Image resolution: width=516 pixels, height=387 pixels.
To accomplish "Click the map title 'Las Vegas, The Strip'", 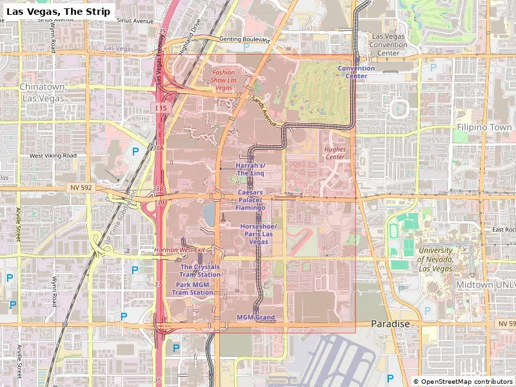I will pyautogui.click(x=59, y=11).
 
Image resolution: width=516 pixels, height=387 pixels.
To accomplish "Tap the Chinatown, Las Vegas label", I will pyautogui.click(x=43, y=92).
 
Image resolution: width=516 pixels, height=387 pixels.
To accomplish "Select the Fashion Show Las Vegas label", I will pyautogui.click(x=224, y=80).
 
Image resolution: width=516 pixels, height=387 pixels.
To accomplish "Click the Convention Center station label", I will pyautogui.click(x=356, y=72).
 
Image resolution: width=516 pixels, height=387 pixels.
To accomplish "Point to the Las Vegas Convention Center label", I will pyautogui.click(x=388, y=45).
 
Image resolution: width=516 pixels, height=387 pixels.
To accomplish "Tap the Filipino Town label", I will pyautogui.click(x=484, y=128).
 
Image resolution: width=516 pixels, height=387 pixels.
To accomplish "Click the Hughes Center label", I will pyautogui.click(x=335, y=153).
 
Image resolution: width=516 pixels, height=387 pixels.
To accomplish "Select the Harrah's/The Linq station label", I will pyautogui.click(x=250, y=169).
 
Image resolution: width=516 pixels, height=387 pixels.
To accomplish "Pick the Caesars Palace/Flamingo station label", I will pyautogui.click(x=250, y=200).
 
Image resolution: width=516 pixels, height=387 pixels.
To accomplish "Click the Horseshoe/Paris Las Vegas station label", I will pyautogui.click(x=258, y=234).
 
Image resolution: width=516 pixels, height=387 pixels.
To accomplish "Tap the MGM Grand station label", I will pyautogui.click(x=255, y=317).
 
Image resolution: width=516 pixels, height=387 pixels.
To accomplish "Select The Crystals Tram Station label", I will pyautogui.click(x=200, y=271).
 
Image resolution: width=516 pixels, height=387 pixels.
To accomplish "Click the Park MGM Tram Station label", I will pyautogui.click(x=192, y=288).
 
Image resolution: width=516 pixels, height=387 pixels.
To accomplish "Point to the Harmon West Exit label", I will pyautogui.click(x=179, y=250).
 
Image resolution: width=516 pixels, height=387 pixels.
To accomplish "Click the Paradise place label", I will pyautogui.click(x=390, y=324).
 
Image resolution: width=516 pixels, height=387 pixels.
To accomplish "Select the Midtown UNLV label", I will pyautogui.click(x=484, y=284).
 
